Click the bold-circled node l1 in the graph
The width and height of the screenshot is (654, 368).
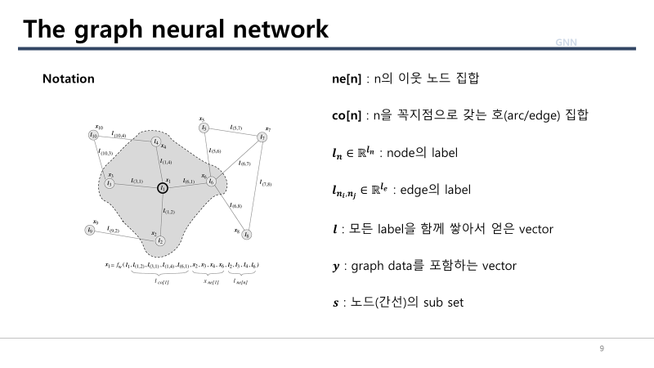click(163, 188)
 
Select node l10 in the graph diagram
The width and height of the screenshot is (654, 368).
click(94, 135)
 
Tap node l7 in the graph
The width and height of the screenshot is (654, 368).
click(262, 137)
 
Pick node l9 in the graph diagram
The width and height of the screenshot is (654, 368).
click(90, 231)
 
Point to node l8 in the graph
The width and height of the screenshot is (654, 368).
click(247, 235)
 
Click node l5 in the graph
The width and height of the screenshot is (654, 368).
click(204, 128)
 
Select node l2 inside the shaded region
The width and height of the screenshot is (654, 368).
click(161, 241)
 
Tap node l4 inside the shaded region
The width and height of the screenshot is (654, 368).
click(156, 141)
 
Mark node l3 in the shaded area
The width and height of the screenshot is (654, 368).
click(109, 182)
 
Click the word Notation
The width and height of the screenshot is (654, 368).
click(68, 79)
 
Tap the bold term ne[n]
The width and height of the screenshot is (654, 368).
click(341, 79)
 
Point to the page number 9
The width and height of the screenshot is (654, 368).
click(602, 349)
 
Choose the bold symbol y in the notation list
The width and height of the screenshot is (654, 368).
click(334, 267)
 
